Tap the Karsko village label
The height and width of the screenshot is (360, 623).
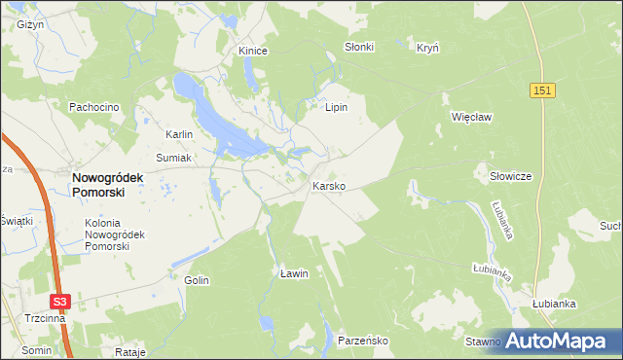click(328, 185)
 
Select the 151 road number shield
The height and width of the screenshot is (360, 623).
click(544, 90)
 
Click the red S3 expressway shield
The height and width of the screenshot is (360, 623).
click(61, 303)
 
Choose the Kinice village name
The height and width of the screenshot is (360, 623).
click(253, 50)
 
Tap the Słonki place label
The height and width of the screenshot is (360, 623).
click(359, 47)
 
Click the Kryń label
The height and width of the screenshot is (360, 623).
click(428, 47)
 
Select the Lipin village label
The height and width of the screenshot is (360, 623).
click(337, 107)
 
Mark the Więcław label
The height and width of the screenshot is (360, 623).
click(469, 117)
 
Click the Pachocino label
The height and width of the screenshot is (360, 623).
click(93, 106)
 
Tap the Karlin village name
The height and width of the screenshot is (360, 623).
click(180, 134)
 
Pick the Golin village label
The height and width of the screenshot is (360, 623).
click(197, 279)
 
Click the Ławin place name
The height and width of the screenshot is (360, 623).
click(293, 273)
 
